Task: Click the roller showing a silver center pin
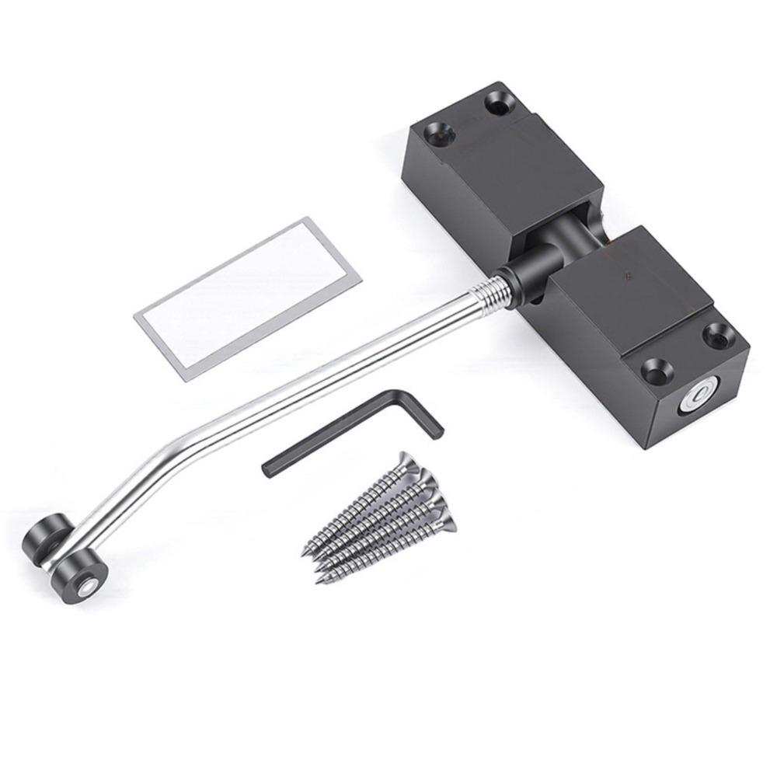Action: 78,575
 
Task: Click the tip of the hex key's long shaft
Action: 269,468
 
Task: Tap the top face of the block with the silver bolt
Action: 633,287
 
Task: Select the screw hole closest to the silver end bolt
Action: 656,371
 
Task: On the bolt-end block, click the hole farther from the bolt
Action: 717,335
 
